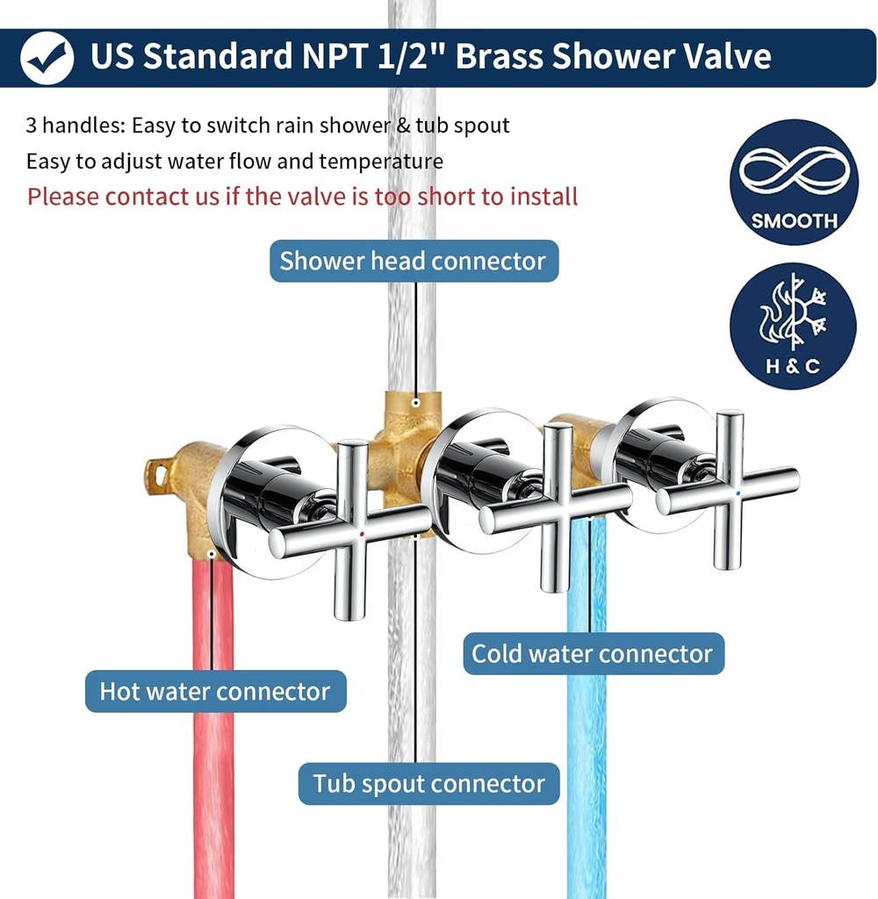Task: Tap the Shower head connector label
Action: [x=413, y=261]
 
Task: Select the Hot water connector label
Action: [x=215, y=691]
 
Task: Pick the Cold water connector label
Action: [x=593, y=653]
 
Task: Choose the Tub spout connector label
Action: [x=429, y=783]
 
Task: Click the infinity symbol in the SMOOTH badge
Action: [x=794, y=171]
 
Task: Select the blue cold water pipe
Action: [x=587, y=773]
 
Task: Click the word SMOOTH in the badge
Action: [x=794, y=219]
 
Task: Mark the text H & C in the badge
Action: [x=793, y=365]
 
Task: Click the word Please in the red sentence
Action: [x=63, y=196]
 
